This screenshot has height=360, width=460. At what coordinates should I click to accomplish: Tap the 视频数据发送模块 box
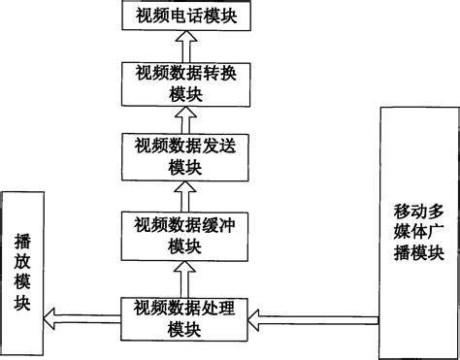pyautogui.click(x=185, y=156)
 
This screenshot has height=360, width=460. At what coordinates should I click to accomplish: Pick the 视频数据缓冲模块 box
pyautogui.click(x=185, y=235)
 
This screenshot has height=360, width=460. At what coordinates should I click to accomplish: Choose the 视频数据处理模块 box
pyautogui.click(x=185, y=318)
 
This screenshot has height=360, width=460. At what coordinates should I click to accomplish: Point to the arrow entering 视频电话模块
pyautogui.click(x=186, y=44)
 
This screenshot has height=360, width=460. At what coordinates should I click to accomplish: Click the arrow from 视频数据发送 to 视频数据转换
pyautogui.click(x=186, y=118)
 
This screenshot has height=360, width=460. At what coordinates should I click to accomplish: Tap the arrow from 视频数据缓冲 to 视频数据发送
pyautogui.click(x=186, y=195)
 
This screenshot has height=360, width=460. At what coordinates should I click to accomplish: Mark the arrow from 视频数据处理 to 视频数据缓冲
pyautogui.click(x=186, y=277)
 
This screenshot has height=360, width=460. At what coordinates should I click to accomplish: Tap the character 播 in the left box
pyautogui.click(x=22, y=238)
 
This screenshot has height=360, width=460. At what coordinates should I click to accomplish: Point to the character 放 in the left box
pyautogui.click(x=22, y=260)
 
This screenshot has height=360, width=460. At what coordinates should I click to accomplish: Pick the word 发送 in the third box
pyautogui.click(x=221, y=147)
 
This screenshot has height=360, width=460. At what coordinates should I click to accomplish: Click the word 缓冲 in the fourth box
pyautogui.click(x=221, y=225)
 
